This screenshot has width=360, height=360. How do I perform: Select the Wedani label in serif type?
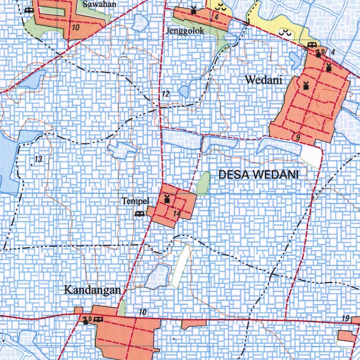264,80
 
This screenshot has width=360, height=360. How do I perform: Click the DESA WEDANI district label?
258,174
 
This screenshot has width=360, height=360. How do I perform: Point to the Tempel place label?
136,201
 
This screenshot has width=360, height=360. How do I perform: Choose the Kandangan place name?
93,290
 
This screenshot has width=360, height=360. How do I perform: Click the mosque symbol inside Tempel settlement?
167,199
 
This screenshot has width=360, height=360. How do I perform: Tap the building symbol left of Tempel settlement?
140,214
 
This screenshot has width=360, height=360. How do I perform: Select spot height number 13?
38,159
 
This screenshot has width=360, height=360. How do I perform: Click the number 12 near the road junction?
166,94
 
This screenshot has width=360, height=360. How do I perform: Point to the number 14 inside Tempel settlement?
176,213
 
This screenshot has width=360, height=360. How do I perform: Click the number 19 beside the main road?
345,319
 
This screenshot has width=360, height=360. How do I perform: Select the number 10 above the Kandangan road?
142,312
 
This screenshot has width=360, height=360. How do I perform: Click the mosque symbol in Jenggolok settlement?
193,9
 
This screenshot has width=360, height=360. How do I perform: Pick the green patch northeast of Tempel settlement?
203,183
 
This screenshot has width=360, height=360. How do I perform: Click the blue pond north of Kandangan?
157,276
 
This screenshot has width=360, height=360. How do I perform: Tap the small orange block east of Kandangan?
193,323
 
